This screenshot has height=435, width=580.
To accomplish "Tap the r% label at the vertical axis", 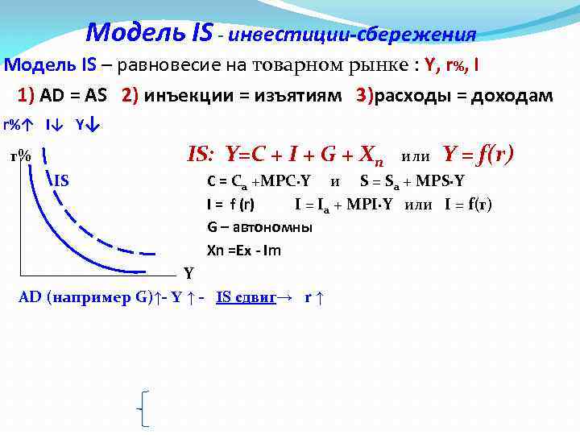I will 20,157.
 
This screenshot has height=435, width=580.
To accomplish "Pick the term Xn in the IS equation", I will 367,155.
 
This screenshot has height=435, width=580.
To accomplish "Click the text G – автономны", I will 259,227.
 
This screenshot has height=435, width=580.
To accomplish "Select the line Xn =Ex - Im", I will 244,250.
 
